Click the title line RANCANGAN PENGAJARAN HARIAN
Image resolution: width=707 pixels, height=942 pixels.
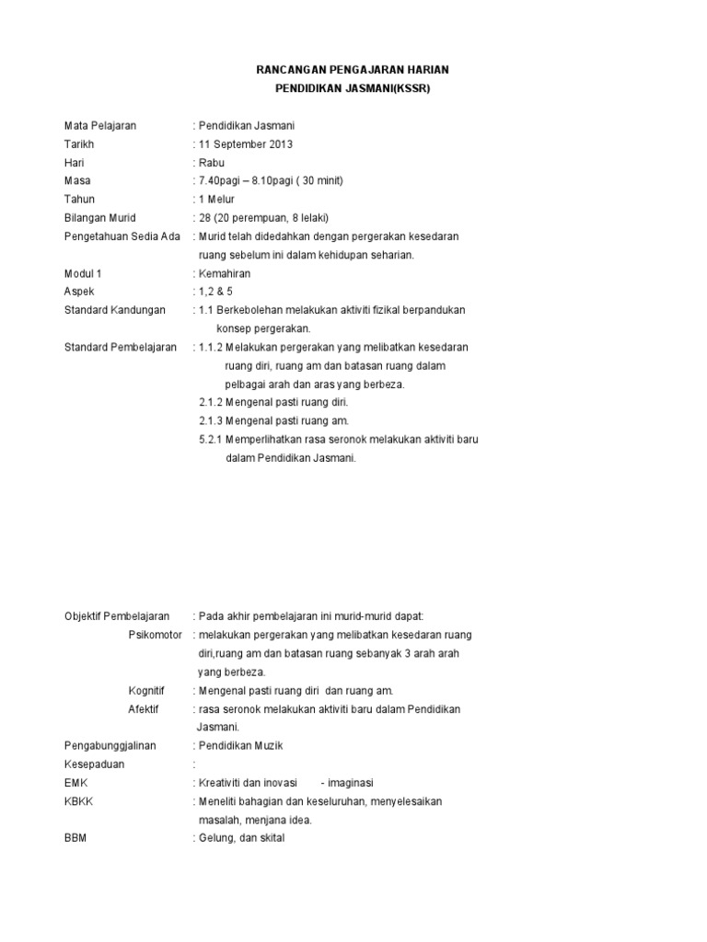pyautogui.click(x=353, y=70)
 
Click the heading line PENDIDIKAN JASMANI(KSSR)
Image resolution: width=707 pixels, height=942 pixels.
pyautogui.click(x=353, y=88)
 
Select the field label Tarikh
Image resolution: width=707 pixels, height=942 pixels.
pyautogui.click(x=79, y=144)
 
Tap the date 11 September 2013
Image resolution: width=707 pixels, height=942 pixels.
pyautogui.click(x=247, y=144)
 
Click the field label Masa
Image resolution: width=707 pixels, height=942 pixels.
pyautogui.click(x=77, y=181)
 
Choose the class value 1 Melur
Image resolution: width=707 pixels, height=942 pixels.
pyautogui.click(x=216, y=200)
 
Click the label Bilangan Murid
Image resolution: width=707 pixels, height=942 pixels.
pyautogui.click(x=99, y=218)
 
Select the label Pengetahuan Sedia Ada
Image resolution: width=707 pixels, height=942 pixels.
pyautogui.click(x=121, y=236)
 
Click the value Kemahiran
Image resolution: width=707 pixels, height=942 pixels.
pyautogui.click(x=224, y=273)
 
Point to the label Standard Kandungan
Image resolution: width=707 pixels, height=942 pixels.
pyautogui.click(x=114, y=310)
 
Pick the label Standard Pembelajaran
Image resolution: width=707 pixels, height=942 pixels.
pyautogui.click(x=120, y=347)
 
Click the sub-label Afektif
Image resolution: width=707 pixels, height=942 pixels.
pyautogui.click(x=144, y=708)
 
